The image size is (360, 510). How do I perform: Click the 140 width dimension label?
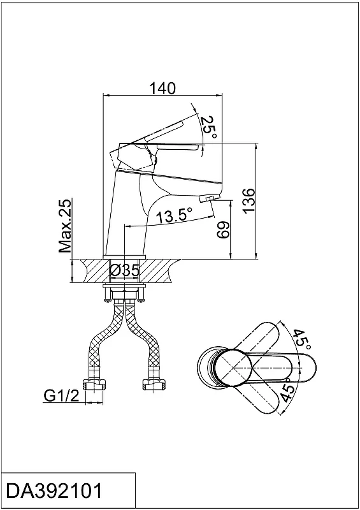(162, 88)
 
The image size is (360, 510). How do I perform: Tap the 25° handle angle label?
(208, 127)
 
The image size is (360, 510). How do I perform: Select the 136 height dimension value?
(249, 200)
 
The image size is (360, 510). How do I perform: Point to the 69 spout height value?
(223, 230)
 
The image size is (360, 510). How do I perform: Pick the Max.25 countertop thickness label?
(65, 226)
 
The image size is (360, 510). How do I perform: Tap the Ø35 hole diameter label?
(124, 270)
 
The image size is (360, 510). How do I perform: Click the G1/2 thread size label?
(61, 396)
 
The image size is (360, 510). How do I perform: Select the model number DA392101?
(54, 491)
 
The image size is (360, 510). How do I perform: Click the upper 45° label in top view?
(302, 340)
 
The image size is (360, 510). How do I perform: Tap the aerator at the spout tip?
(206, 198)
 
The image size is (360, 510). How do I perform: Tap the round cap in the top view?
(233, 368)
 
